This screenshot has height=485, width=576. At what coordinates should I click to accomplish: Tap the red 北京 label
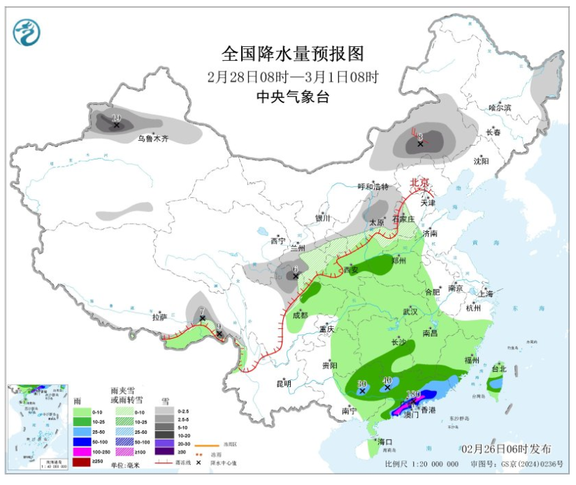(419, 182)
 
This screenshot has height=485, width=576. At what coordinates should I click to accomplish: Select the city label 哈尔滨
(500, 108)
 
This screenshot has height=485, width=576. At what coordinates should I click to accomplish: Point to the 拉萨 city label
(160, 317)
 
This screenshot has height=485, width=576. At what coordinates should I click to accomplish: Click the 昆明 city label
(283, 383)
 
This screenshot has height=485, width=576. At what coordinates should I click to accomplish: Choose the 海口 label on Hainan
(385, 442)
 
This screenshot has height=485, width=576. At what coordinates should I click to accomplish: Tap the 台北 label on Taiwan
(498, 368)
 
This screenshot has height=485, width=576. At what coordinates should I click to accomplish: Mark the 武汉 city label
(410, 311)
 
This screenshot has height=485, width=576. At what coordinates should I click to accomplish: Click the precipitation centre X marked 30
(362, 391)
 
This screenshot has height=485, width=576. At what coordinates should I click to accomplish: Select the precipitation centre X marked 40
(387, 387)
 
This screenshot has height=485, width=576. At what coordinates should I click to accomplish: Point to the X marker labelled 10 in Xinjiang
(117, 125)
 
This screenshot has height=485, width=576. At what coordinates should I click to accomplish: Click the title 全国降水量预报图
(293, 54)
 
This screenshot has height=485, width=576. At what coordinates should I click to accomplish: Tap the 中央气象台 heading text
(293, 97)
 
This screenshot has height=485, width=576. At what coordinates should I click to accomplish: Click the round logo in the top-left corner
(27, 31)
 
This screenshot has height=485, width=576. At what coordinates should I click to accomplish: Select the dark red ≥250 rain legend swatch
(82, 462)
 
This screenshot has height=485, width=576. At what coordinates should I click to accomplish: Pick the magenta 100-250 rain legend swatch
(82, 452)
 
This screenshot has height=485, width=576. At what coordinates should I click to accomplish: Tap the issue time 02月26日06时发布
(505, 449)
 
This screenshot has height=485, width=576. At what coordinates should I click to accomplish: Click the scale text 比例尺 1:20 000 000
(422, 464)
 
